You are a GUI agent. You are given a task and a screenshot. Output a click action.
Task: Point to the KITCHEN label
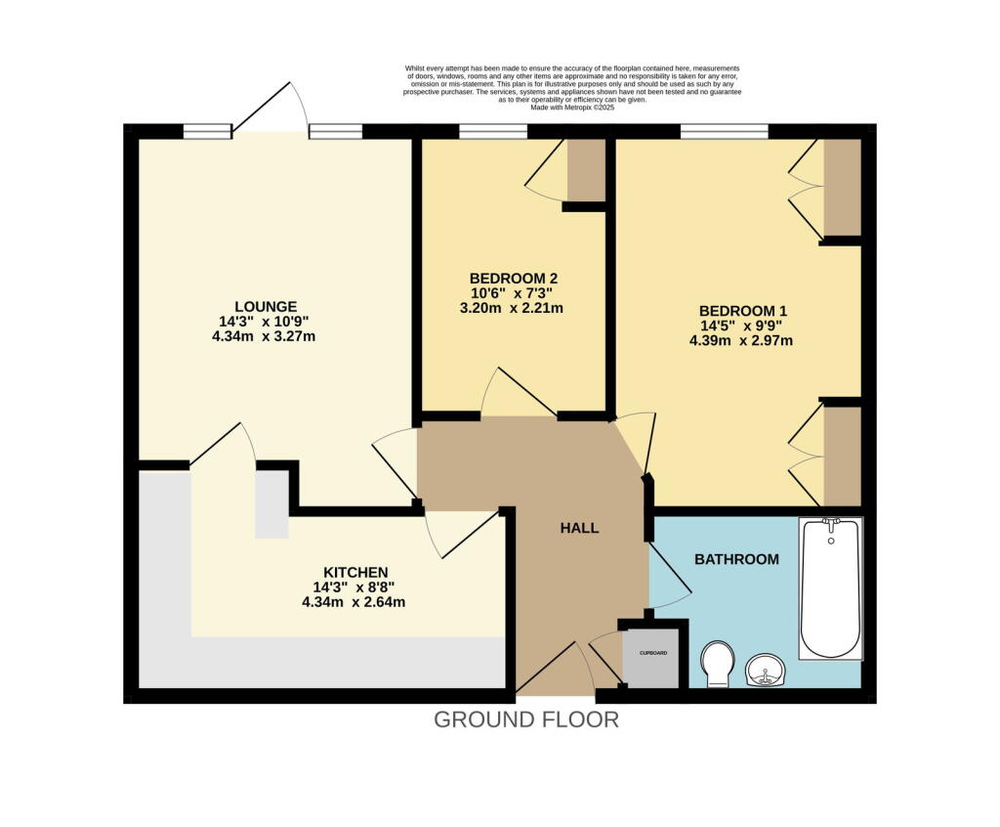point(355,572)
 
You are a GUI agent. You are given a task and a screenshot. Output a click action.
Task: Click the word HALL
point(579,528)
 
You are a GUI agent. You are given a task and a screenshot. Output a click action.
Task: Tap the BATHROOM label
point(736,559)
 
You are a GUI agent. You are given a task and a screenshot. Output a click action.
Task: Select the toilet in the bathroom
point(718,663)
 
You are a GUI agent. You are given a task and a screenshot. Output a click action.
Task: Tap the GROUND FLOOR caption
point(525,720)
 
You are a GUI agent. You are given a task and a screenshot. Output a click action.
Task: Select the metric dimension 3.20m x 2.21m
point(513,307)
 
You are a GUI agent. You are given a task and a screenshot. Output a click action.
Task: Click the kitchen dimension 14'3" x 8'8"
point(355,588)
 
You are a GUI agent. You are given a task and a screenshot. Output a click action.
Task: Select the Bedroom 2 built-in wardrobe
point(586,170)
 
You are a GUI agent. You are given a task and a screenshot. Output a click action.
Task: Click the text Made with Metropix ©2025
point(573,108)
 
